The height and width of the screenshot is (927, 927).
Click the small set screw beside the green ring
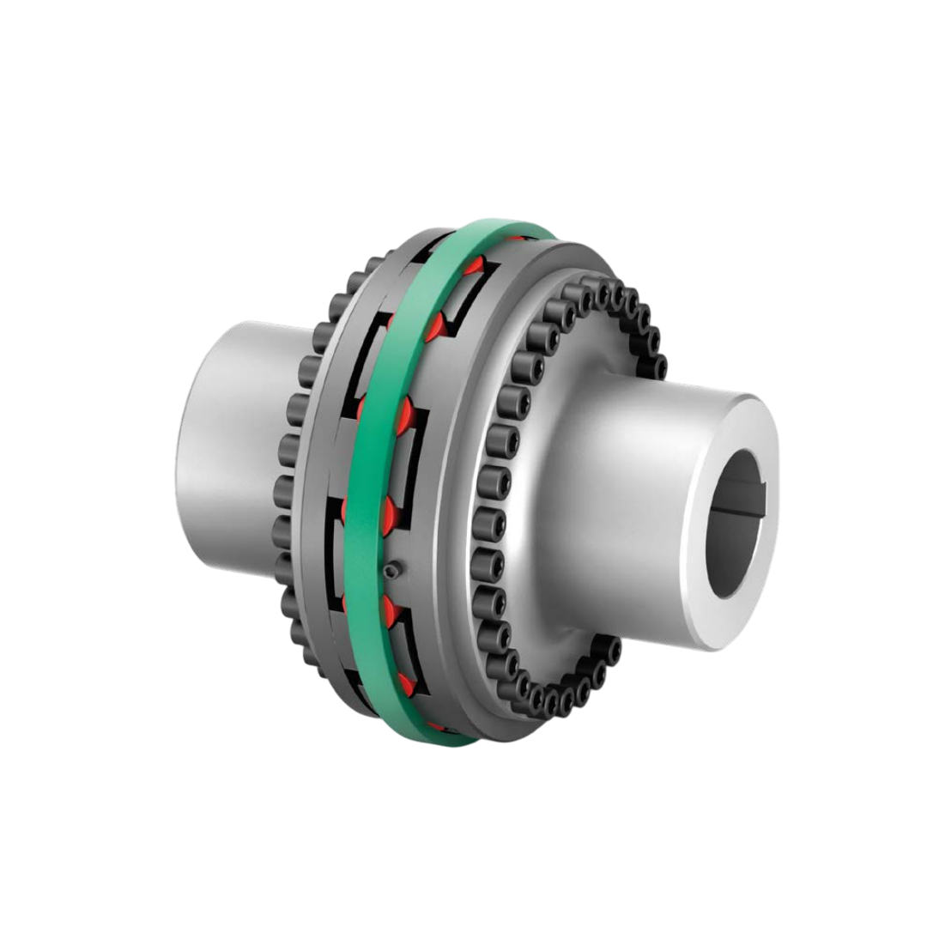click(392, 570)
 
